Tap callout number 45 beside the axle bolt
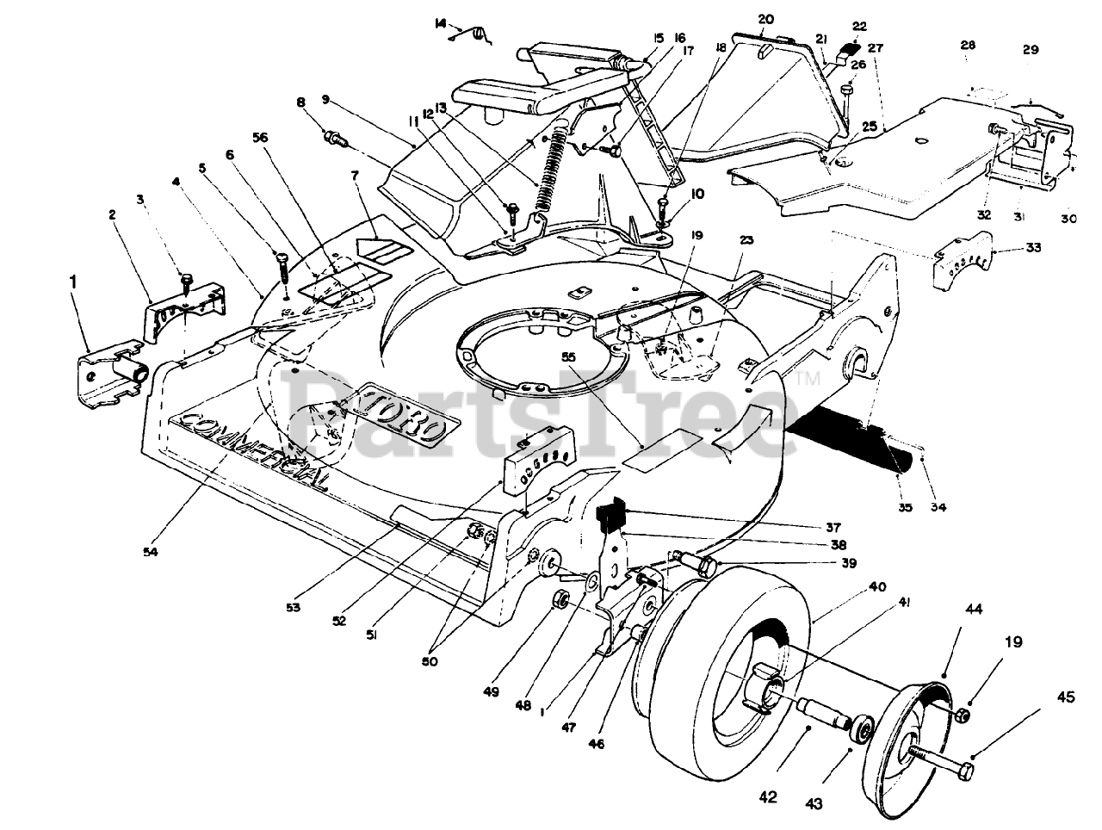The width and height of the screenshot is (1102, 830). pos(1066,698)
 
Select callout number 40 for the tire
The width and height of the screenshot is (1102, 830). pos(876,588)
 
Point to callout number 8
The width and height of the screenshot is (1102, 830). pos(300,103)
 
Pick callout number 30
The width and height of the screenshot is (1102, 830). pos(1068,219)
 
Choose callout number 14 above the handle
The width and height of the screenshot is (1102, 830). pos(441,23)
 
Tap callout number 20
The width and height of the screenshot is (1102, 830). pos(766,19)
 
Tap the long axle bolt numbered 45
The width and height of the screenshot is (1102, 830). pos(943,759)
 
